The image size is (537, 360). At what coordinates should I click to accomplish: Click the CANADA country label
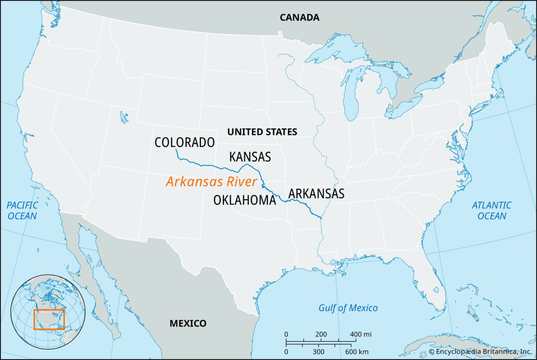[x=299, y=17]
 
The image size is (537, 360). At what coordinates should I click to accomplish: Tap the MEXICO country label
[x=188, y=323]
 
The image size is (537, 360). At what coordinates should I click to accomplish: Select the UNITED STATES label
[x=262, y=132]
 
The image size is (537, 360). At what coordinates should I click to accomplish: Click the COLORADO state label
[x=185, y=142]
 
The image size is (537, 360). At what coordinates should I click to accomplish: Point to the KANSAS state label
[x=250, y=156]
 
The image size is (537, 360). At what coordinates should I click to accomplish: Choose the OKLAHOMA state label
[x=244, y=200]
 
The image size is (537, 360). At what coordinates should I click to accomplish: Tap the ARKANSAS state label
[x=316, y=193]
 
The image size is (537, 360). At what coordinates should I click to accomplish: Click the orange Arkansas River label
[x=211, y=182]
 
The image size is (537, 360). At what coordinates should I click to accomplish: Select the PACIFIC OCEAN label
[x=22, y=210]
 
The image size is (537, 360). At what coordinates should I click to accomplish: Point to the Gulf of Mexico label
[x=348, y=308]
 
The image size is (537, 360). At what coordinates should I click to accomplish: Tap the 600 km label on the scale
[x=357, y=351]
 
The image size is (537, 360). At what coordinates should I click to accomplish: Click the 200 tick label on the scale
[x=321, y=334]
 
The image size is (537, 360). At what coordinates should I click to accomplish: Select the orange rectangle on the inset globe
[x=49, y=320]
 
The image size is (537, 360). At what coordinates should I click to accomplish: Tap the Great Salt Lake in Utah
[x=124, y=116]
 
